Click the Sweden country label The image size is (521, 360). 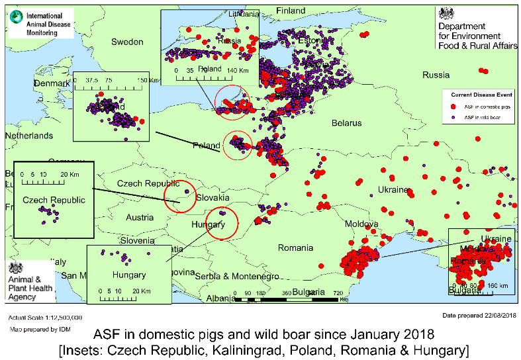coord(126,42)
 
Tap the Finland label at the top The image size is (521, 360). coord(291,11)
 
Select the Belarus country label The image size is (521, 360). coord(347,123)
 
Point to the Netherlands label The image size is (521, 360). coord(29,136)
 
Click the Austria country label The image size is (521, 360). coord(139,218)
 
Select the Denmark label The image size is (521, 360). coord(52,84)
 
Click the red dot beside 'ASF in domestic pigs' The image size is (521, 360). coord(453,106)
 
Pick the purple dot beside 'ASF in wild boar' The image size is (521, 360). coord(453,117)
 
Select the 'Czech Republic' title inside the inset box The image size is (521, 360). coord(54,200)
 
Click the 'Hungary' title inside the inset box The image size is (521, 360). coord(128,275)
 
